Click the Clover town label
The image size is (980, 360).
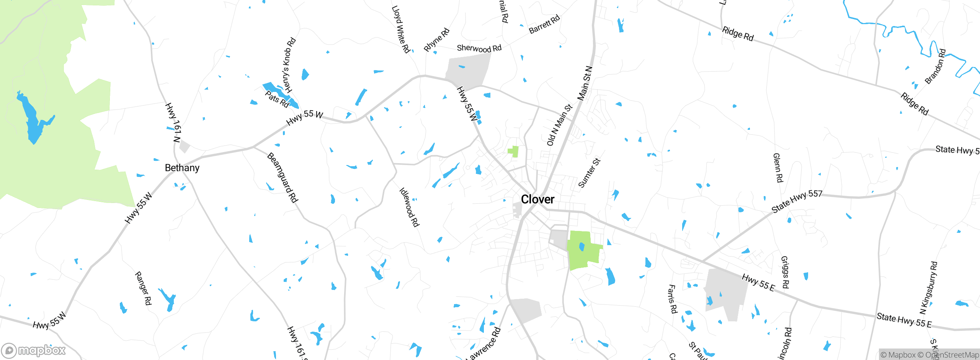click(x=537, y=200)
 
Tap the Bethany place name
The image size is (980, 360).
click(x=182, y=168)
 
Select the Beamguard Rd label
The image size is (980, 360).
click(x=283, y=177)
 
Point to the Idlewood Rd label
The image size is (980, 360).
click(x=409, y=207)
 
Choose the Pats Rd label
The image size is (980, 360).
click(x=277, y=99)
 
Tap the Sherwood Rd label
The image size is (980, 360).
click(x=479, y=48)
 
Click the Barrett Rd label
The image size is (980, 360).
click(x=544, y=24)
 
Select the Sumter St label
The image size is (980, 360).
click(x=589, y=173)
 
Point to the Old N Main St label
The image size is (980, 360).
click(x=559, y=125)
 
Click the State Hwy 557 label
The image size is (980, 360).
click(x=797, y=201)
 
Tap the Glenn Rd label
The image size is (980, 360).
click(x=778, y=168)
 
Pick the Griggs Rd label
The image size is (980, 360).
click(x=785, y=272)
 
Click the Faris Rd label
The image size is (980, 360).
click(x=672, y=299)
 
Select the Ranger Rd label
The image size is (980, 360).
click(x=143, y=288)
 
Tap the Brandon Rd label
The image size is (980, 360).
click(x=935, y=67)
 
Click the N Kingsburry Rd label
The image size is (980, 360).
click(x=929, y=288)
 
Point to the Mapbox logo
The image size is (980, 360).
click(x=34, y=350)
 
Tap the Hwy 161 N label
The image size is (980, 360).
click(x=173, y=122)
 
